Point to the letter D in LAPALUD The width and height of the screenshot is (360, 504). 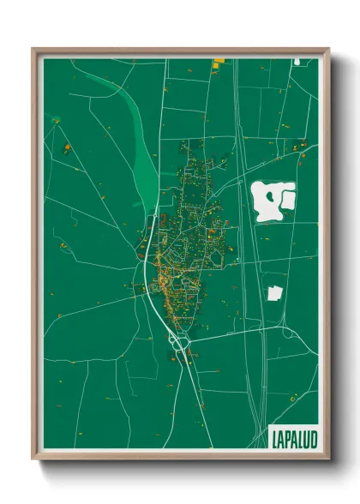click(x=313, y=437)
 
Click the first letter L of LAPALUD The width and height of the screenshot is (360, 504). click(x=273, y=437)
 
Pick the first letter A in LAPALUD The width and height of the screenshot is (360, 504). click(x=281, y=437)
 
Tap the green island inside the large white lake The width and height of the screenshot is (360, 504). click(x=271, y=196)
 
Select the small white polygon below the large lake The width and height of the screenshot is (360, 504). click(x=275, y=292)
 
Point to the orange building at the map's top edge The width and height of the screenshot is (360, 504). click(x=218, y=60)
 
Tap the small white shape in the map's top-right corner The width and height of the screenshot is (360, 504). click(x=295, y=61)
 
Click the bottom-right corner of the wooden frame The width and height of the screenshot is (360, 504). click(x=328, y=459)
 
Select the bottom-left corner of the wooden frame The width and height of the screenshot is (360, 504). click(x=33, y=459)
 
